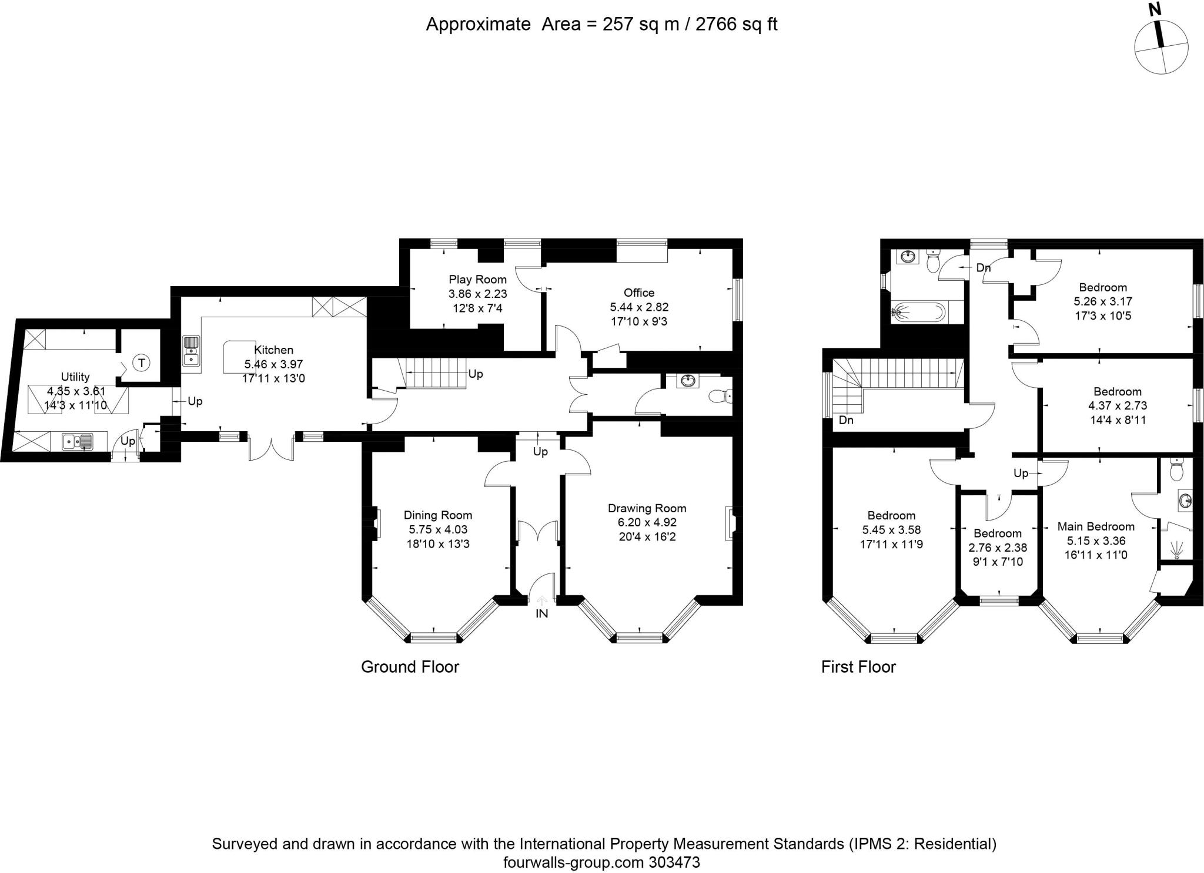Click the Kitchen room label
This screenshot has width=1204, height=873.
[273, 350]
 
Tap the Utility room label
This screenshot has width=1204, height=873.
[75, 377]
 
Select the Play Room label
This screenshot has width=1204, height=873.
[477, 280]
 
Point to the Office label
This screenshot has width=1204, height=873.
[639, 293]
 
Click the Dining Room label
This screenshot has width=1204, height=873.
[438, 515]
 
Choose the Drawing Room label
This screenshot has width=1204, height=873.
[647, 508]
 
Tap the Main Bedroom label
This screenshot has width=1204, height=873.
[1096, 526]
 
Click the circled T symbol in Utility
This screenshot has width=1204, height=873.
[141, 363]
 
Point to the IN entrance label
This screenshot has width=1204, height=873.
[541, 614]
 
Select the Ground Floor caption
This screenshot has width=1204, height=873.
[410, 667]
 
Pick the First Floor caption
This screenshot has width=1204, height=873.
[858, 667]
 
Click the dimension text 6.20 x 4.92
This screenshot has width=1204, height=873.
[647, 522]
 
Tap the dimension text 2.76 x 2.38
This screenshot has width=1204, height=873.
[998, 548]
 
